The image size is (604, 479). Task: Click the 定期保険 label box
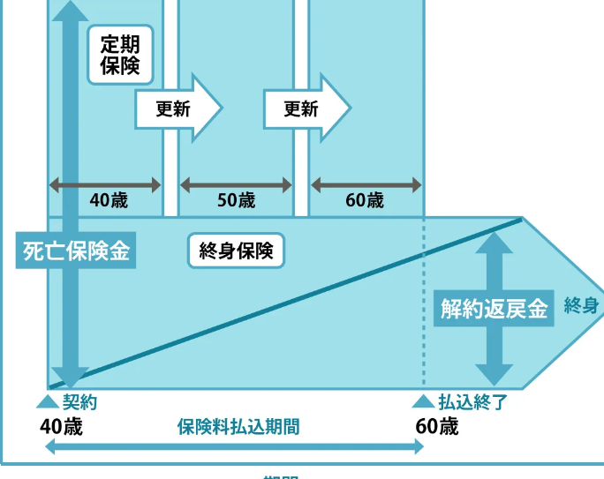[120, 54]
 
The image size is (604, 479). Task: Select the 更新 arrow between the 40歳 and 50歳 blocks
[177, 109]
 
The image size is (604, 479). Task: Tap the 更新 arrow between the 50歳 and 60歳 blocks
[306, 109]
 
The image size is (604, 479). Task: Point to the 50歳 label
[236, 200]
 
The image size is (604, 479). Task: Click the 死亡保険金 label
[76, 251]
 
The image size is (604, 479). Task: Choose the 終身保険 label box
[236, 251]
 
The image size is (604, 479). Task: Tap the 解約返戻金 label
[494, 309]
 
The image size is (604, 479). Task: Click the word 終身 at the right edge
[581, 307]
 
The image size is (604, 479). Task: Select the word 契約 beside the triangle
[79, 402]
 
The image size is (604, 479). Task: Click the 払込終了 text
[472, 402]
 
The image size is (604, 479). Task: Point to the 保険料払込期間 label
[238, 427]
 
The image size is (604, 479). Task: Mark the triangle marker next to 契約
[48, 401]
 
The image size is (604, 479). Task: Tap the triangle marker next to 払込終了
[423, 401]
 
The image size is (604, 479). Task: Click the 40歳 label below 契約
[61, 427]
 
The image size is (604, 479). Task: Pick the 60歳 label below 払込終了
[436, 427]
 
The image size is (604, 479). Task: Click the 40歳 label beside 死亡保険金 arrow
[109, 200]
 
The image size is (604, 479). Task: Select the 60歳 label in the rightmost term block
[365, 200]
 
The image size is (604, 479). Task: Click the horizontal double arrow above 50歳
[236, 185]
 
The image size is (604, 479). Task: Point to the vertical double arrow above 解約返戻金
[494, 260]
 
